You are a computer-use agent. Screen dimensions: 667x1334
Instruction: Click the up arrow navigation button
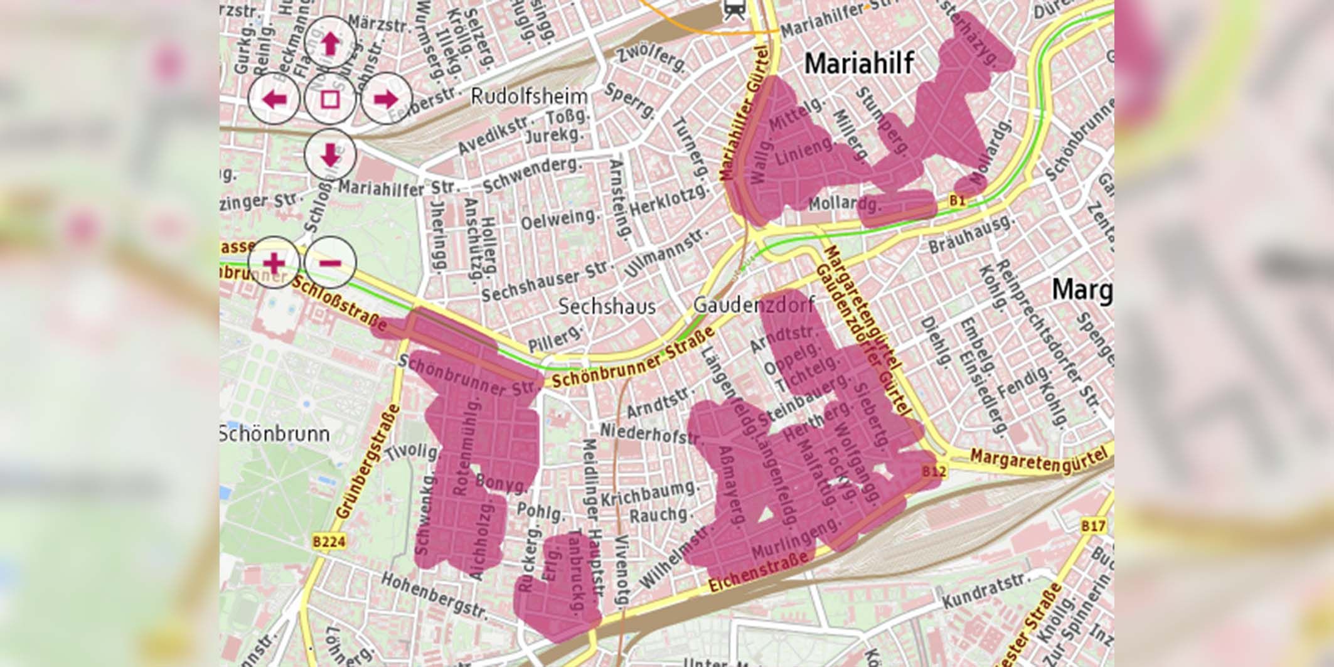tap(330, 43)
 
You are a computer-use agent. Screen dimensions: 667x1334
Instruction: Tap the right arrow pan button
tap(385, 99)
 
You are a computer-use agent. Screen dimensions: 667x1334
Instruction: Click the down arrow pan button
tap(330, 154)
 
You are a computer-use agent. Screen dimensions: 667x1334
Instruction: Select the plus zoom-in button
tap(274, 262)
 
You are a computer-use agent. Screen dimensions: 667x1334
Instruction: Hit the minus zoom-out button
tap(331, 262)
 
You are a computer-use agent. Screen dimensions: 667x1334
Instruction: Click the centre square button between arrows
tap(330, 99)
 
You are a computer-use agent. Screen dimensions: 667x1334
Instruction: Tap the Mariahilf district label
tap(858, 63)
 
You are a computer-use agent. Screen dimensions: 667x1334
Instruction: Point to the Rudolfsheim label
tap(529, 97)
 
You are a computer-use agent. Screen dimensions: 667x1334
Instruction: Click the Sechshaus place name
tap(607, 306)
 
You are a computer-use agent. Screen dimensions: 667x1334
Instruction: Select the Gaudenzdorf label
tap(753, 305)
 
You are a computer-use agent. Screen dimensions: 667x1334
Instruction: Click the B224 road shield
tap(329, 542)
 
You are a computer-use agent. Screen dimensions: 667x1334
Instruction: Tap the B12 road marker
tap(934, 471)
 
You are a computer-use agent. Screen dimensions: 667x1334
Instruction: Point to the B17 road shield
tap(1093, 526)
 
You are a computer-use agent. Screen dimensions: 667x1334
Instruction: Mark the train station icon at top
tap(733, 9)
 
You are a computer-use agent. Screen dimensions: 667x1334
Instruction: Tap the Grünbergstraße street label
tap(368, 461)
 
